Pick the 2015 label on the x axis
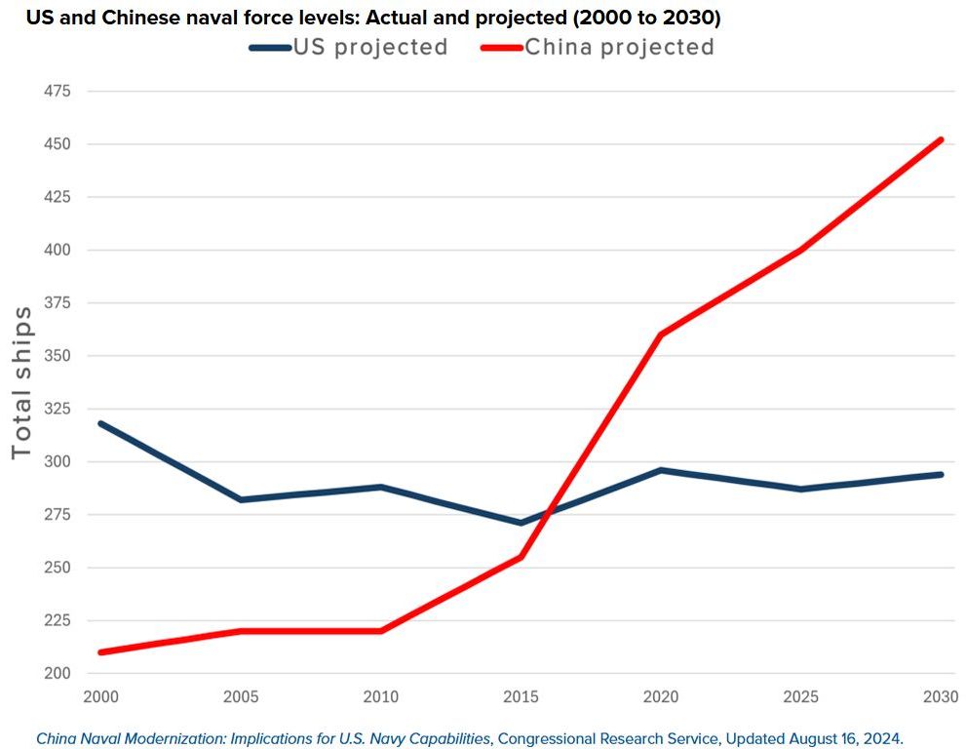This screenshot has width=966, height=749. (x=521, y=698)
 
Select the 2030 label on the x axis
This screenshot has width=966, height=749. (x=942, y=698)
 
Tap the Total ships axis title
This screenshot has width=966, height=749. (x=21, y=382)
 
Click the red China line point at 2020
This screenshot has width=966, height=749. (x=661, y=335)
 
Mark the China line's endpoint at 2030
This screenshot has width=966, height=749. (x=942, y=139)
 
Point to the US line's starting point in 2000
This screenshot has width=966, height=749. (x=99, y=423)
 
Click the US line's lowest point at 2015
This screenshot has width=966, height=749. (x=521, y=523)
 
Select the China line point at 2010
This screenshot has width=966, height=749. (x=380, y=631)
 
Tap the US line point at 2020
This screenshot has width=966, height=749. (x=661, y=470)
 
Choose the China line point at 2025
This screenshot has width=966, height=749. (x=801, y=250)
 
